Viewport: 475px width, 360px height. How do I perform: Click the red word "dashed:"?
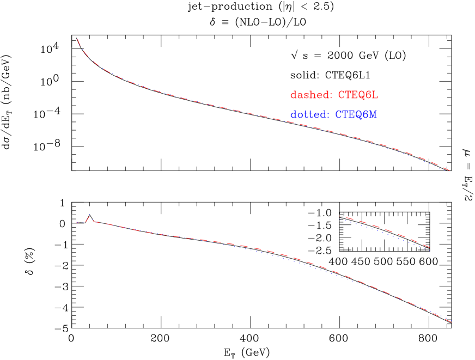tap(310, 95)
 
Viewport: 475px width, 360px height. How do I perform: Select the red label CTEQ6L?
tap(358, 95)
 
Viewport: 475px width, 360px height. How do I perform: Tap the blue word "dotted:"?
tap(309, 115)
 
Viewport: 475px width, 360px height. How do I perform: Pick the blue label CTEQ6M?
tap(356, 115)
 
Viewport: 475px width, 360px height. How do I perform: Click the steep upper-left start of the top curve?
tap(78, 40)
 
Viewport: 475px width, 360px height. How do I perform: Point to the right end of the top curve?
tap(450, 170)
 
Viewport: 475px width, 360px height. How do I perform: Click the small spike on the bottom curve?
tap(90, 216)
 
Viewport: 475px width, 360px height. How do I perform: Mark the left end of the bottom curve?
tap(76, 222)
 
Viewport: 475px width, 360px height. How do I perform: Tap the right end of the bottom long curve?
tap(451, 321)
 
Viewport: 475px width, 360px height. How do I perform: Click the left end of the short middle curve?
tap(340, 217)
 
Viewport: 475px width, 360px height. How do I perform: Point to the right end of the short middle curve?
tap(431, 248)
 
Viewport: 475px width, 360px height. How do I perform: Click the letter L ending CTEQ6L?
tap(375, 95)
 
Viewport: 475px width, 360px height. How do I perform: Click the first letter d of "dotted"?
tap(293, 115)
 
